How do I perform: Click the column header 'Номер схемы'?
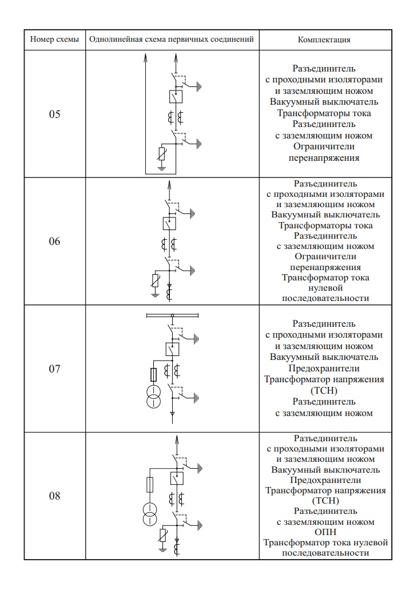click(x=54, y=40)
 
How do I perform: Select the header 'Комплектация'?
click(x=324, y=40)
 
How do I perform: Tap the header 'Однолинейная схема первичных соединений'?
click(x=172, y=40)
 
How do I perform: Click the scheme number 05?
click(x=54, y=114)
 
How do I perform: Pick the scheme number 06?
click(x=54, y=241)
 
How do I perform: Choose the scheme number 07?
click(x=54, y=369)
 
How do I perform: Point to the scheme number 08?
click(x=54, y=496)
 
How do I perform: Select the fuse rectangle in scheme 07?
click(x=153, y=375)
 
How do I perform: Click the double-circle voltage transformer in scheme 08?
click(x=150, y=514)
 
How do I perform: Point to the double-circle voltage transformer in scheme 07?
click(x=153, y=397)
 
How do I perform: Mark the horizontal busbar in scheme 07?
click(x=172, y=315)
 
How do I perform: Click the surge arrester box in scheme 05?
click(x=162, y=155)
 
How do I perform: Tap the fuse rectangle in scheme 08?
click(x=150, y=485)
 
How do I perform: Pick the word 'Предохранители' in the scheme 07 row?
click(x=324, y=368)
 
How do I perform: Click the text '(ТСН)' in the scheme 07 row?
click(x=324, y=390)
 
